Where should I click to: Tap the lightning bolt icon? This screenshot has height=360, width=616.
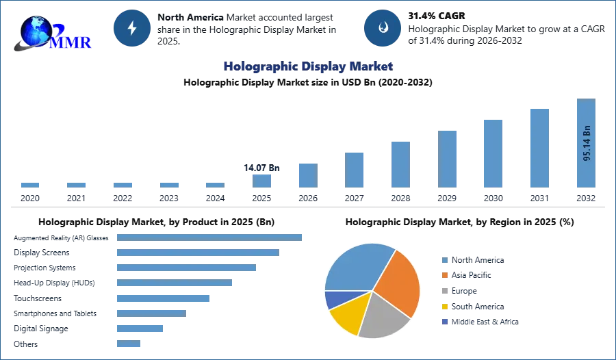(x=133, y=28)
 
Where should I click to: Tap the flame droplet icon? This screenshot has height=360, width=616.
(x=383, y=28)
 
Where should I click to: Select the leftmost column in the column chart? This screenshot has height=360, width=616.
(x=30, y=185)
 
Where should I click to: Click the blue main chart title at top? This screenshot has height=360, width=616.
(x=307, y=66)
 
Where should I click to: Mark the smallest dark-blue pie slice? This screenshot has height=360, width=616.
(x=334, y=299)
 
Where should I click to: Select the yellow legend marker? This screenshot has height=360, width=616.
(x=444, y=307)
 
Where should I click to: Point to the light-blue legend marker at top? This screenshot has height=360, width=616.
(x=444, y=260)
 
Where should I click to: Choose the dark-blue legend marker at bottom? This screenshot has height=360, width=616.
(x=444, y=322)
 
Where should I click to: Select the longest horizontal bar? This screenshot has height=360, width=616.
(x=210, y=236)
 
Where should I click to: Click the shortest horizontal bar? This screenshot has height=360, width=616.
(x=129, y=344)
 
